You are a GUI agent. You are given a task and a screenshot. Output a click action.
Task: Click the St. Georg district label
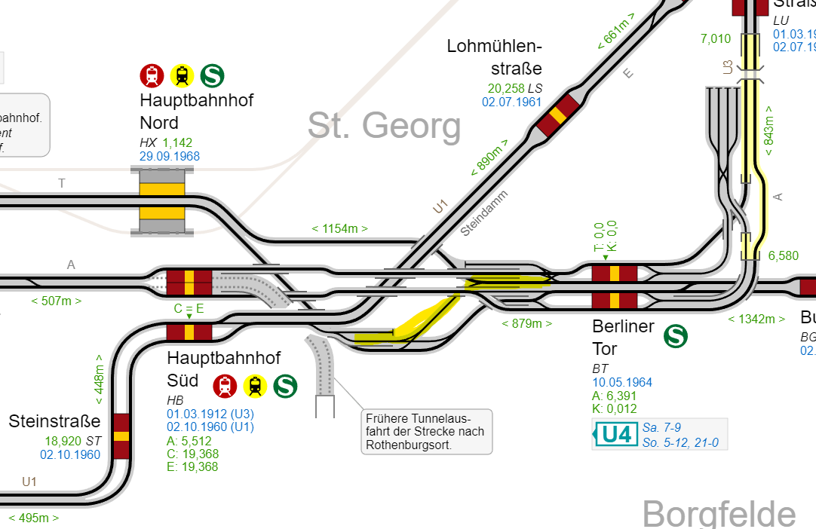click(x=384, y=126)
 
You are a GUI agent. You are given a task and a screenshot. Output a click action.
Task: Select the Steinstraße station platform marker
click(x=121, y=436)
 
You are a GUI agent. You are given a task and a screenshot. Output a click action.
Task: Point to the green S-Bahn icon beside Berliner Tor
click(x=676, y=336)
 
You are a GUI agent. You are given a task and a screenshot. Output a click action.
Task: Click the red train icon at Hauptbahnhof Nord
click(x=152, y=75)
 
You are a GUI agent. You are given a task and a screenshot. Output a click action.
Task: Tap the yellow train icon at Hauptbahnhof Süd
click(x=255, y=386)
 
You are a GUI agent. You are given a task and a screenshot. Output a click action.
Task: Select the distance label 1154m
click(x=340, y=228)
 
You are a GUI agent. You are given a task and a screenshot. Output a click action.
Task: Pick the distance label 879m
click(x=527, y=323)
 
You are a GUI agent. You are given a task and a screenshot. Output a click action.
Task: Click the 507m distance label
click(x=57, y=301)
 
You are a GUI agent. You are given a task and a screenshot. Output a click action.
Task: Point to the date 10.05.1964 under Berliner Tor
click(x=622, y=382)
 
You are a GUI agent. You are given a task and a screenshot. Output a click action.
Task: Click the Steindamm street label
click(x=484, y=213)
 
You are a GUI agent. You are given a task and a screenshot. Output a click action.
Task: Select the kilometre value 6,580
click(x=783, y=256)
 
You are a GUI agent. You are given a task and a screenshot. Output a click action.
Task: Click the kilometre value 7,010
click(x=716, y=39)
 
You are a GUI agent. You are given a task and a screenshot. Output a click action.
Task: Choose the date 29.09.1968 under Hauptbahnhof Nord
click(x=170, y=157)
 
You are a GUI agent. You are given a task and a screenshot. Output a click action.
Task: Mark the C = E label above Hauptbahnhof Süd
click(x=189, y=308)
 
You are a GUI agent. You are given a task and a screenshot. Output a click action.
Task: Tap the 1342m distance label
click(x=756, y=319)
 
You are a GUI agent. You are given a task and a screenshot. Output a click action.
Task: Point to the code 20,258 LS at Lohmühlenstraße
click(x=515, y=88)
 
